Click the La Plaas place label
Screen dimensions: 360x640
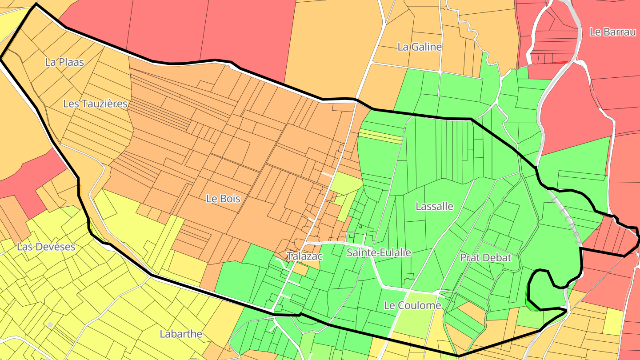(64, 62)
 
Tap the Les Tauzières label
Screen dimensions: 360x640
(95, 104)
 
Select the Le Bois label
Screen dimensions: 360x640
(223, 199)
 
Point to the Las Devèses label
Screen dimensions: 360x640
(46, 247)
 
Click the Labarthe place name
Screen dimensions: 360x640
(181, 334)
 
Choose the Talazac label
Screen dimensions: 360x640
(304, 256)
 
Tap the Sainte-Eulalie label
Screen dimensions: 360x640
(379, 253)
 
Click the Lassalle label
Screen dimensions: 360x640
(434, 206)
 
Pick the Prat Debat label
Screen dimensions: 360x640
(486, 258)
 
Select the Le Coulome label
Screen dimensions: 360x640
(412, 305)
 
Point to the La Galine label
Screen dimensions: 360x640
(420, 47)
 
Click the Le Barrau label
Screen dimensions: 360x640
(612, 32)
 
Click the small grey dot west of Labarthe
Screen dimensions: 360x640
(50, 325)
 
